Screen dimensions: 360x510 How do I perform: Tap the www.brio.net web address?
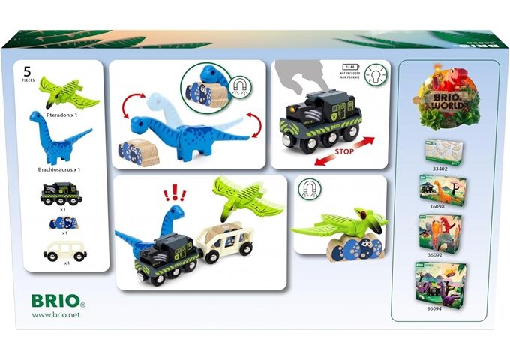56,315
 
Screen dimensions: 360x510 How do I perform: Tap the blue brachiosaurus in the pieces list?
60,139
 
